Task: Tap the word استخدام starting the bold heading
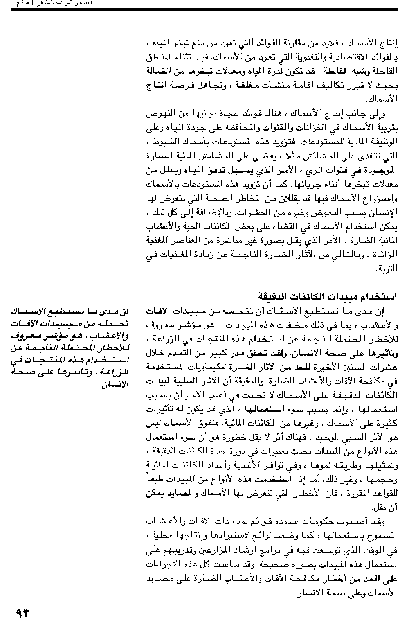point(378,296)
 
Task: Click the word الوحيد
point(326,438)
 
